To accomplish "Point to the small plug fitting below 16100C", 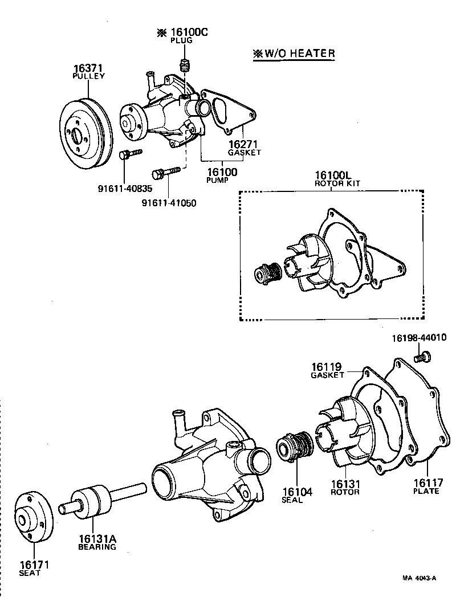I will (x=184, y=64).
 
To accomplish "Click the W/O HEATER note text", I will (x=294, y=54).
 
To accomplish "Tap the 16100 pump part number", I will (x=222, y=172).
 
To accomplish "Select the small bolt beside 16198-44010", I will (x=422, y=357).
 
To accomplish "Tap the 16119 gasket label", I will (x=328, y=367).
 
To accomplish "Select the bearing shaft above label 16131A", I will (x=103, y=501).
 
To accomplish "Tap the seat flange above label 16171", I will (x=33, y=517).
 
